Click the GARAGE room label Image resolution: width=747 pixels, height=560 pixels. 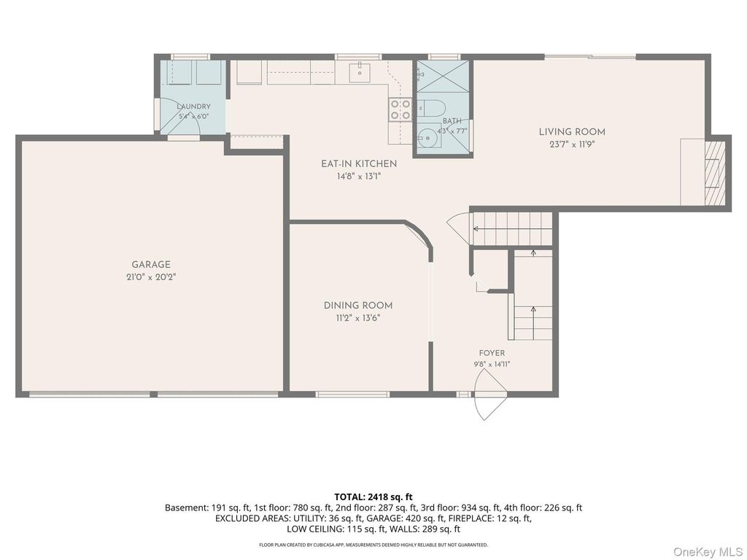click(x=151, y=265)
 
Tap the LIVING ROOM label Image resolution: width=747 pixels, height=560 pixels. click(x=572, y=132)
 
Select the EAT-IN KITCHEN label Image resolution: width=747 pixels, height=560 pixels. click(x=359, y=164)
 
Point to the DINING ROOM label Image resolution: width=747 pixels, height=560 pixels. click(x=358, y=306)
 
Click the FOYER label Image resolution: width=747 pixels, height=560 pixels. click(x=492, y=354)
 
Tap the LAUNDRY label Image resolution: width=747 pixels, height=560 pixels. click(x=193, y=106)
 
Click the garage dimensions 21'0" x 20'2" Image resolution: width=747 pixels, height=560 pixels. click(x=151, y=277)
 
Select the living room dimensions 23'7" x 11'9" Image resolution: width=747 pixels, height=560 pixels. click(x=572, y=144)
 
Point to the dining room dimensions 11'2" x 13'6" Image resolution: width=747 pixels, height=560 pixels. click(x=358, y=318)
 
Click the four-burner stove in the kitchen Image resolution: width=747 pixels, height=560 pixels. click(x=400, y=109)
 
